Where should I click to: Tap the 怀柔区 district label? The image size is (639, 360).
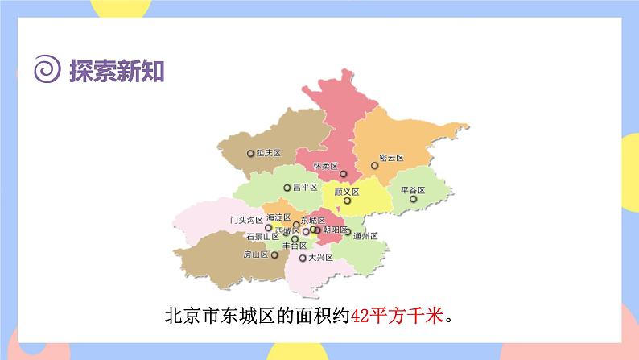[325, 167]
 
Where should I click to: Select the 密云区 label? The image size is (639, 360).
[391, 159]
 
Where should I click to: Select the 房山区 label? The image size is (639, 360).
[255, 254]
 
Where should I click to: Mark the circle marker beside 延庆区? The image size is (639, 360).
[250, 153]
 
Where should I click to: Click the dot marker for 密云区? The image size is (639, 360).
[374, 166]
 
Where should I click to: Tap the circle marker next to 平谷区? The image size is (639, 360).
[413, 199]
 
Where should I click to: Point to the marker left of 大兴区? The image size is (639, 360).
[302, 259]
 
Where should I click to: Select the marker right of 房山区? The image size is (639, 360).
[274, 254]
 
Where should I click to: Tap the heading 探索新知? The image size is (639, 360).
[117, 72]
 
